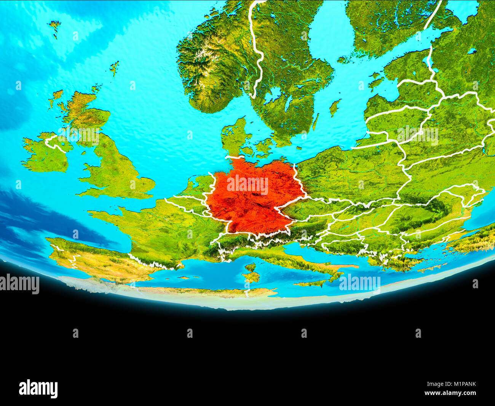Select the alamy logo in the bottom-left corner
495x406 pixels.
(38, 388)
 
